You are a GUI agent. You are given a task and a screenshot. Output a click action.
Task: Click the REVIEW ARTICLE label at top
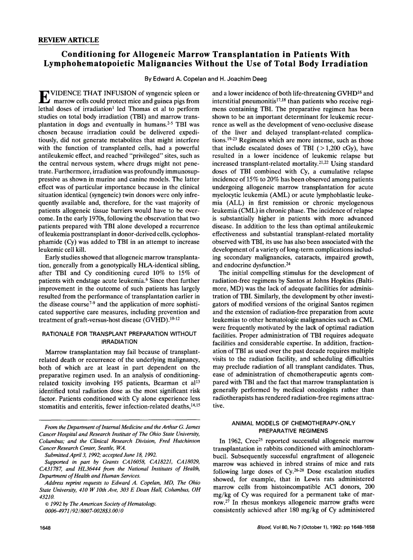coord(69,40)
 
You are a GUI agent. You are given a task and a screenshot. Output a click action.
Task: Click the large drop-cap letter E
coord(43,96)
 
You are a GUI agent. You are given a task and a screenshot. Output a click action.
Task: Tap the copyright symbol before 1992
coord(46,503)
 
